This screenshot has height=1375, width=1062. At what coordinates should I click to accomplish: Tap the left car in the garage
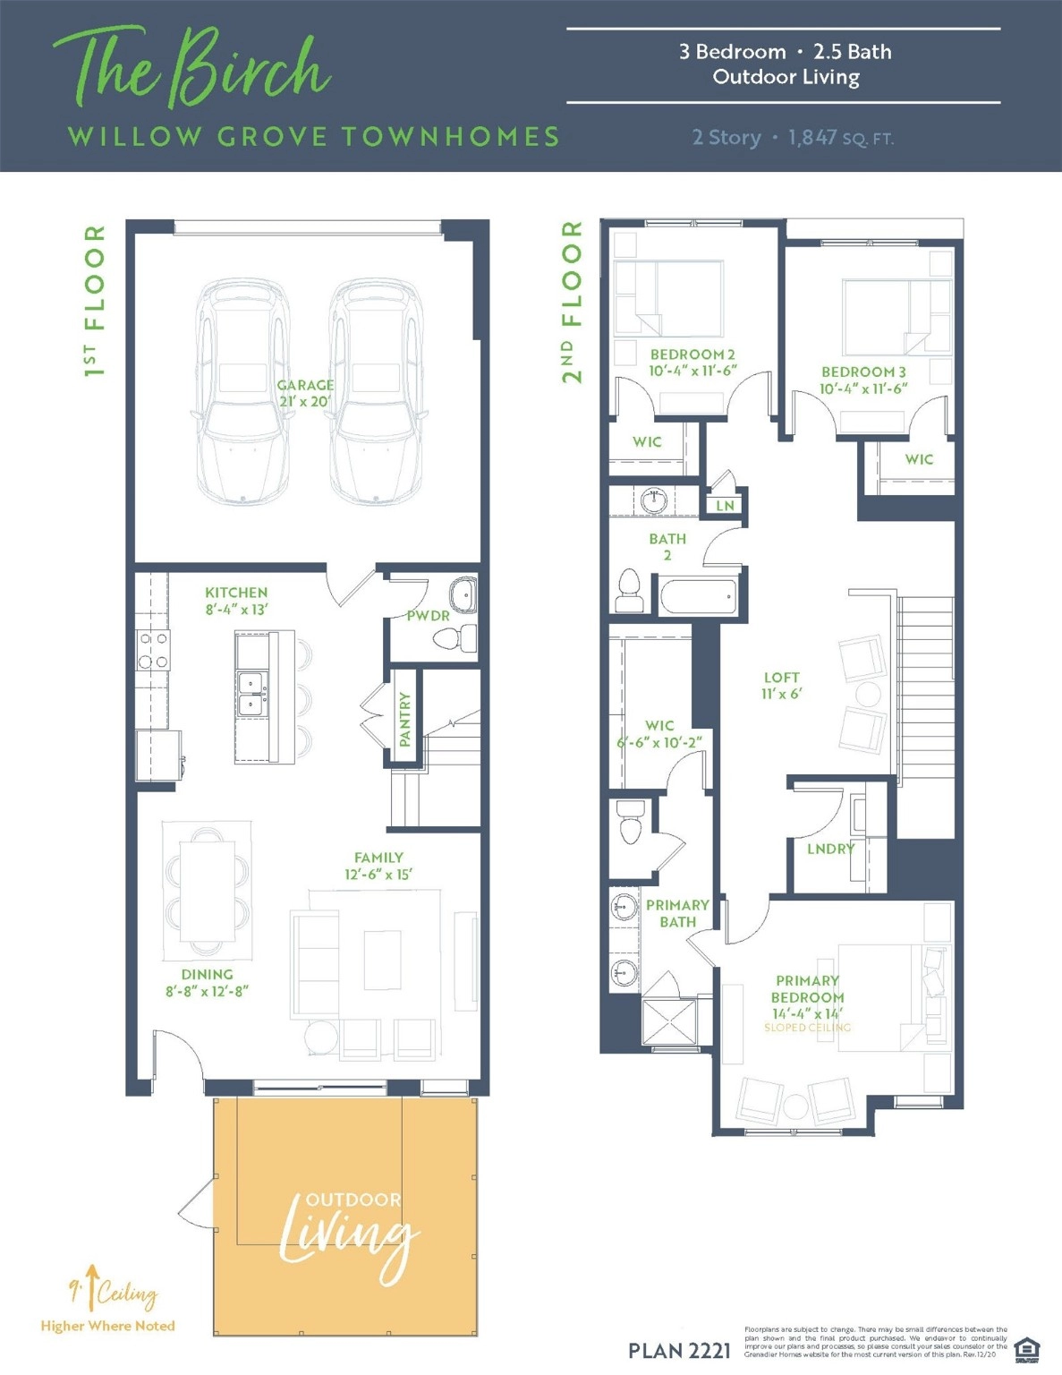242,391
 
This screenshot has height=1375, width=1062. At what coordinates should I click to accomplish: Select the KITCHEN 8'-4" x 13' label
236,601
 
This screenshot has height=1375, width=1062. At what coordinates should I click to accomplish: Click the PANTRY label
405,719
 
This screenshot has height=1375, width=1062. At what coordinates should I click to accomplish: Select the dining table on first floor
207,891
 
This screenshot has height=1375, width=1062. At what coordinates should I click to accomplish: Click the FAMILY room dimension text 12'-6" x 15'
378,875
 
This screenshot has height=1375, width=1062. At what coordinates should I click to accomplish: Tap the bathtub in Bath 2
699,597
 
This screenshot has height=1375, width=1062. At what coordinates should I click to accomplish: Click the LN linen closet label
725,506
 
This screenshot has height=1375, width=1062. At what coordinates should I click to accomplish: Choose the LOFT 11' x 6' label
781,686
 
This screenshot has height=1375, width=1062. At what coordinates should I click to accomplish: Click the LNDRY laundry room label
830,849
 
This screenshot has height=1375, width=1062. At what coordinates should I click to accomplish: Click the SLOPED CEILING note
807,1028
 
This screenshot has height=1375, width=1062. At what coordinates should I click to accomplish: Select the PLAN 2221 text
679,1351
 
